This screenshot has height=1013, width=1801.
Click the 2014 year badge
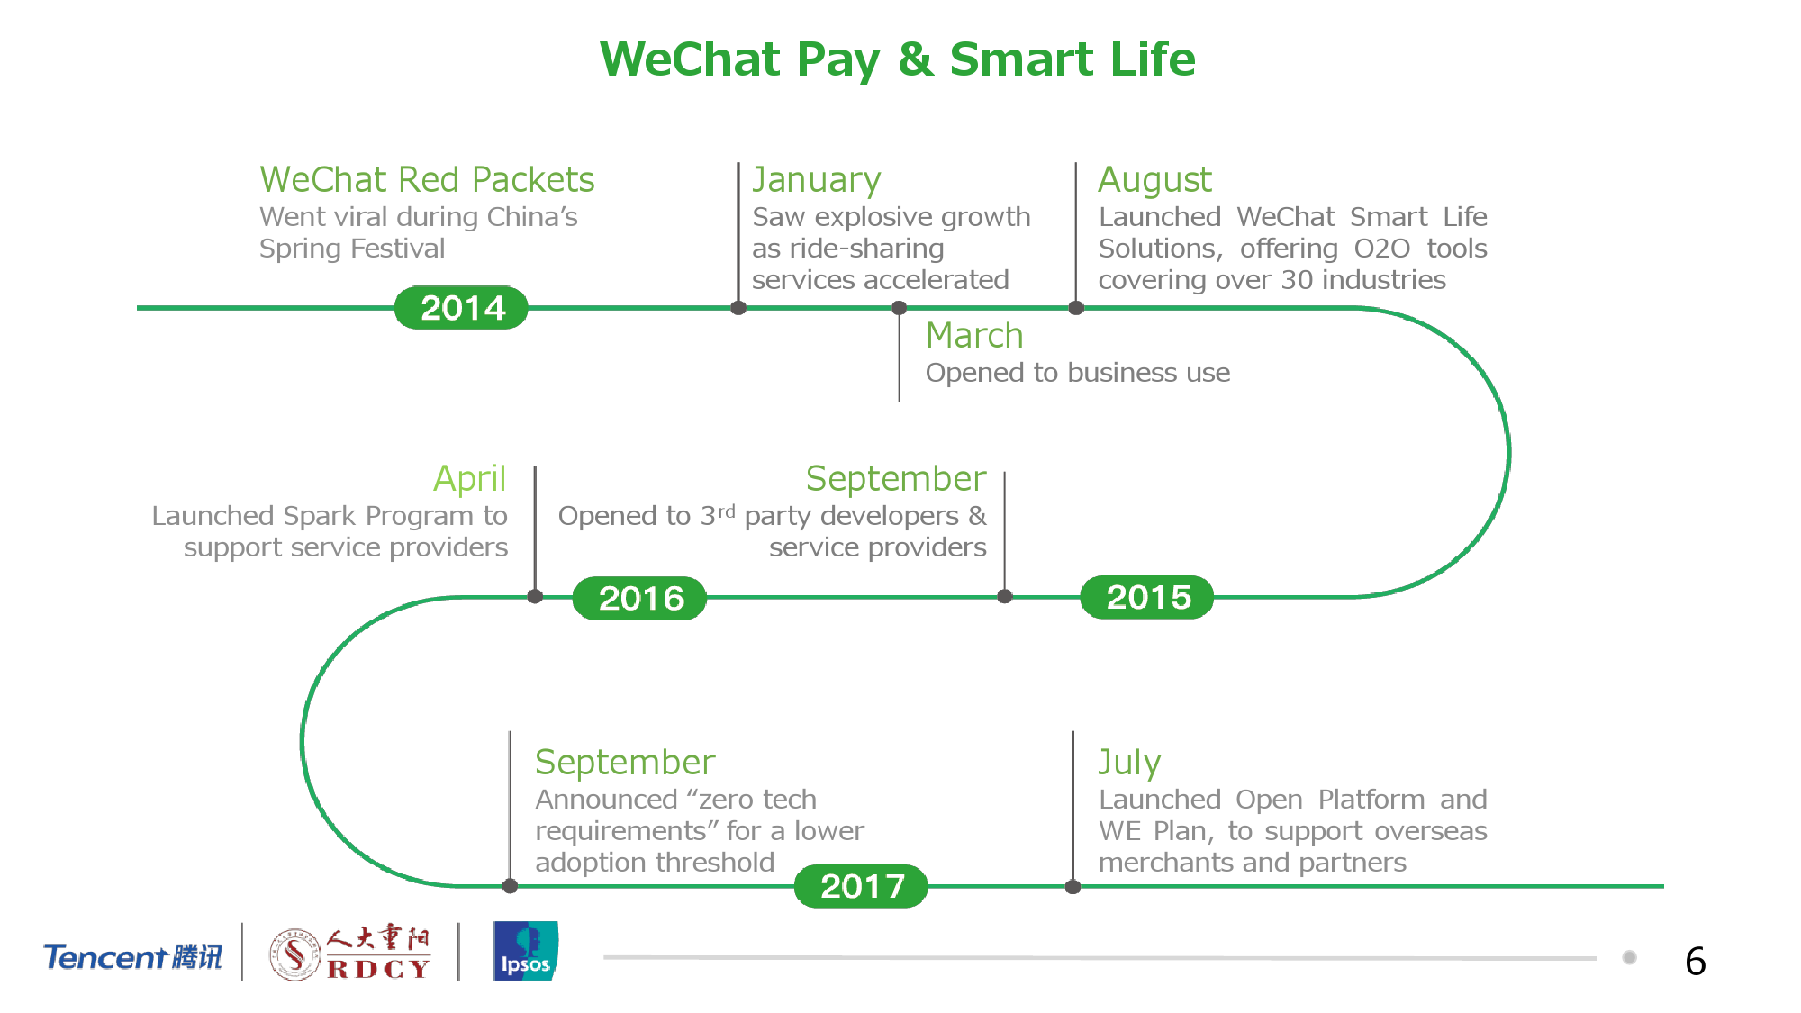pos(461,308)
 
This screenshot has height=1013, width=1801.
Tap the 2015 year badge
pos(1147,597)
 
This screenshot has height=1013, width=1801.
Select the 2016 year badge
pos(640,598)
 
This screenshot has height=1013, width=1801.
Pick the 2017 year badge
pos(862,886)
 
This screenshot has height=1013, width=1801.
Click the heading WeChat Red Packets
pos(427,179)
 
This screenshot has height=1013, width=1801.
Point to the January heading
pos(816,180)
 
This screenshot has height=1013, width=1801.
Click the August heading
pos(1154,180)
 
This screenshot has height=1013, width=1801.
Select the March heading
pos(974,335)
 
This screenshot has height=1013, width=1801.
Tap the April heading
pos(470,479)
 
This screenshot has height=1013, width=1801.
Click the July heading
pos(1129,763)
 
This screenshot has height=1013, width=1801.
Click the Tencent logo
pos(133,956)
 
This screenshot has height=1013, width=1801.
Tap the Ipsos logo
pos(526,951)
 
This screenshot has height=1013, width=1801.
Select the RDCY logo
pos(350,952)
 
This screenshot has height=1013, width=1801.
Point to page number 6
pos(1696,962)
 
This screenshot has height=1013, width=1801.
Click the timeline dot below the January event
pos(738,308)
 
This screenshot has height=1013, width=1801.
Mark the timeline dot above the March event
pos(899,308)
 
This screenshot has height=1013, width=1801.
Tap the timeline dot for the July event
pos(1072,887)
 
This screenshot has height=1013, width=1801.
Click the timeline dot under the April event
pos(535,596)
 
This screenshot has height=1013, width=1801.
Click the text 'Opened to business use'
pos(1078,373)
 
